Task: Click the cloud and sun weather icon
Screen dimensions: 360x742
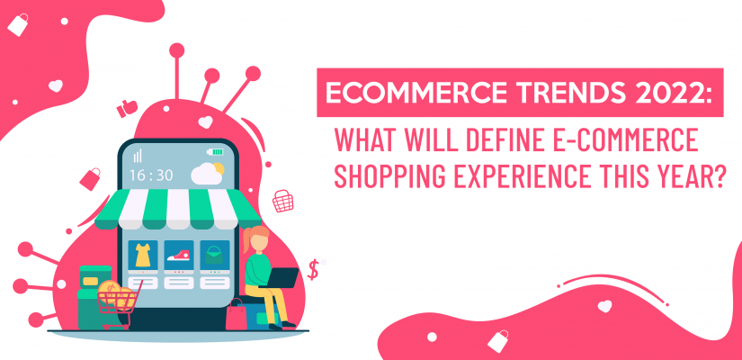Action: (208, 171)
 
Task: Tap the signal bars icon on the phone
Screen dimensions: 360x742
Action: (138, 155)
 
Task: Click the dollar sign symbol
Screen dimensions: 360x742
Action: (313, 268)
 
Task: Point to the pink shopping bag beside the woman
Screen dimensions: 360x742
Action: (237, 314)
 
